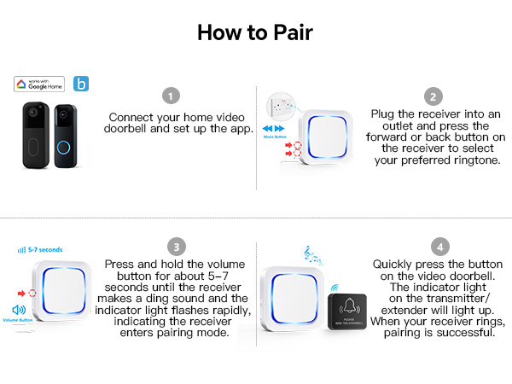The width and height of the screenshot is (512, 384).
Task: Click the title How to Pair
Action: tap(255, 32)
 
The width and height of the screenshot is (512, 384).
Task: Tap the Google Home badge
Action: tap(39, 84)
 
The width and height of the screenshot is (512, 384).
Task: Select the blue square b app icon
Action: tap(79, 84)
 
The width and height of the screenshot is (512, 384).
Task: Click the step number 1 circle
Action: tap(172, 96)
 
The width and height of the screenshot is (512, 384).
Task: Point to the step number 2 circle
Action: tap(434, 96)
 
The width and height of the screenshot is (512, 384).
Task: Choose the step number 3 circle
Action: tap(174, 247)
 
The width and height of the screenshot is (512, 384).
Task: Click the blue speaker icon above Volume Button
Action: tap(19, 309)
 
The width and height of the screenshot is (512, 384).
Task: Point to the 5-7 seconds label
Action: tap(43, 250)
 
